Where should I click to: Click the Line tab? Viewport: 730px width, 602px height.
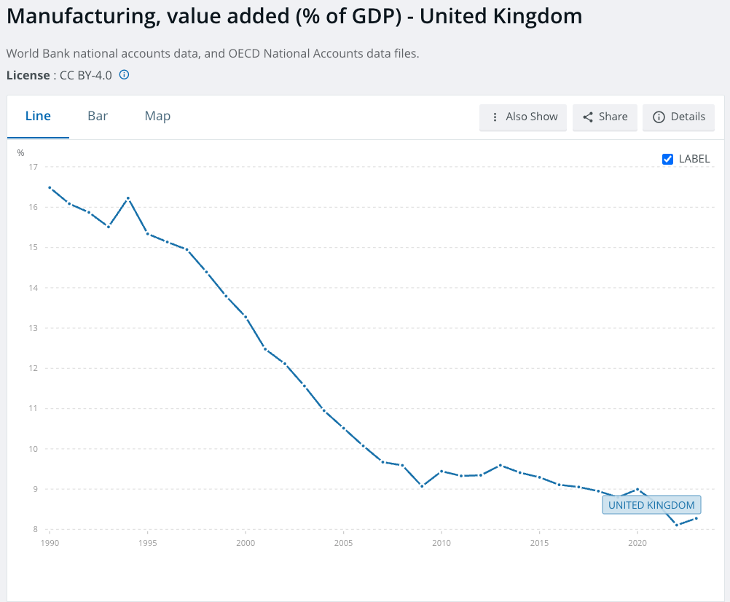[x=38, y=116]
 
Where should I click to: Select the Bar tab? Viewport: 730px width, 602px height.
[x=98, y=116]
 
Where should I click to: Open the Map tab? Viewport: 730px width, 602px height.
[x=157, y=116]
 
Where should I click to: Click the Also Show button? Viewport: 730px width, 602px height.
[x=523, y=117]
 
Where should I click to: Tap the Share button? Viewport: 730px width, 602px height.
[x=605, y=117]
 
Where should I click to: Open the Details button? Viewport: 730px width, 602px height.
[x=679, y=117]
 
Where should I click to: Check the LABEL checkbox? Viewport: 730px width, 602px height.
[x=668, y=159]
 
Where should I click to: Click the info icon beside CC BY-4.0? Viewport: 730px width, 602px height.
[x=124, y=74]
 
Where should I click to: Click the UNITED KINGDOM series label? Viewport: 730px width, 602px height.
[x=651, y=505]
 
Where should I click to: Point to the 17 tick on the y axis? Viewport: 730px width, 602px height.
[x=33, y=167]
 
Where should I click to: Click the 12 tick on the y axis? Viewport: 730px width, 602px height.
[x=33, y=368]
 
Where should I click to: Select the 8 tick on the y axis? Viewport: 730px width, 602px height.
[x=34, y=529]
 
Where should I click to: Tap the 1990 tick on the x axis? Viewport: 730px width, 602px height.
[x=50, y=543]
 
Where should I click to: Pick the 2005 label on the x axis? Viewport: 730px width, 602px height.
[x=343, y=543]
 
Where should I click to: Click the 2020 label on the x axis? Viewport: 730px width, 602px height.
[x=637, y=543]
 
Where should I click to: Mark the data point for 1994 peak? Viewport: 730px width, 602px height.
[x=128, y=198]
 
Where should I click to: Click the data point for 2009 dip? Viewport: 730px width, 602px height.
[x=422, y=486]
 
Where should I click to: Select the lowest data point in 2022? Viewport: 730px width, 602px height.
[x=677, y=525]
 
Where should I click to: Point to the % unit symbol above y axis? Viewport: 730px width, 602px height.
[x=21, y=153]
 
